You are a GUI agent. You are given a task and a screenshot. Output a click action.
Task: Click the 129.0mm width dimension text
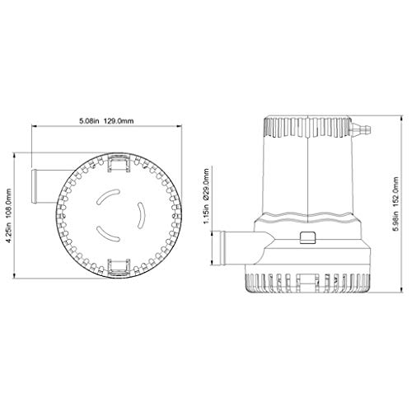click(119, 121)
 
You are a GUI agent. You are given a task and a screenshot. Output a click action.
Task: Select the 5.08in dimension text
click(89, 121)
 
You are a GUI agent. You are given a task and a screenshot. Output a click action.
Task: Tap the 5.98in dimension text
click(396, 222)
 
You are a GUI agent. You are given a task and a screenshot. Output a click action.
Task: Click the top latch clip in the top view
click(119, 163)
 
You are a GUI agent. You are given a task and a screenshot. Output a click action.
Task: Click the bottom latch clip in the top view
click(119, 267)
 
